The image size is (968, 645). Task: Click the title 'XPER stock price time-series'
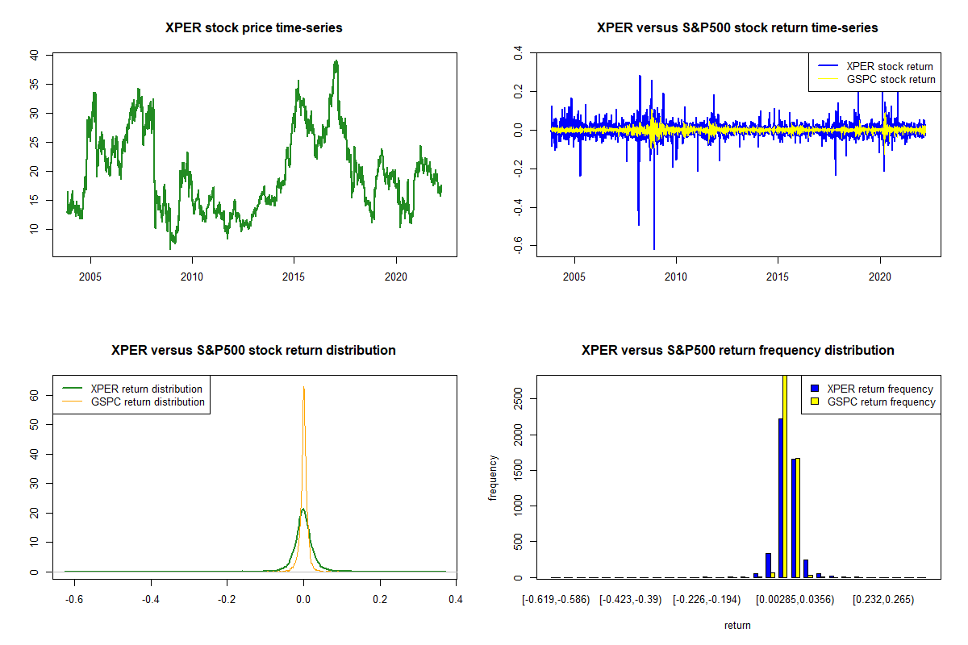tap(253, 28)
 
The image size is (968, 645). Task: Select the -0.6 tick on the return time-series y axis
tap(519, 245)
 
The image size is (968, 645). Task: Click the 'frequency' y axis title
tap(493, 478)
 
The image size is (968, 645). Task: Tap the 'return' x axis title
tap(737, 625)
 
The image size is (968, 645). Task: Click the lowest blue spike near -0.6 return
tap(654, 248)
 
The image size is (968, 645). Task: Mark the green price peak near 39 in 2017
tap(336, 62)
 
